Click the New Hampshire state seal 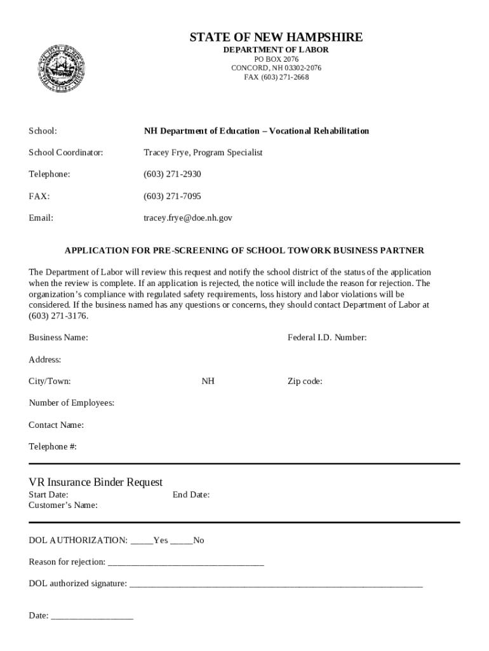[x=62, y=69]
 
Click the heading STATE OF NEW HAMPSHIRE [x=276, y=38]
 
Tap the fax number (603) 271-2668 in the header [x=276, y=77]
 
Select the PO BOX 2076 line [x=276, y=59]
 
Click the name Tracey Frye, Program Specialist [x=203, y=153]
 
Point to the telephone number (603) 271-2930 [x=172, y=174]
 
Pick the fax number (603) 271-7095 [x=172, y=196]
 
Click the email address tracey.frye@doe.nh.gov [x=188, y=217]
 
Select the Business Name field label [x=58, y=338]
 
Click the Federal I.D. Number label [x=327, y=338]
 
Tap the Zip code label [x=305, y=381]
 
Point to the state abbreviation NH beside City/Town [x=208, y=381]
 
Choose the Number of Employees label [x=72, y=403]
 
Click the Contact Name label [x=57, y=425]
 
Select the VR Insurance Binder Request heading [x=96, y=482]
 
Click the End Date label [x=191, y=495]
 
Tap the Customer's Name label [x=64, y=505]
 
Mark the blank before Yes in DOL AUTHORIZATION [x=142, y=541]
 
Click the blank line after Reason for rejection [x=186, y=563]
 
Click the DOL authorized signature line [x=276, y=584]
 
